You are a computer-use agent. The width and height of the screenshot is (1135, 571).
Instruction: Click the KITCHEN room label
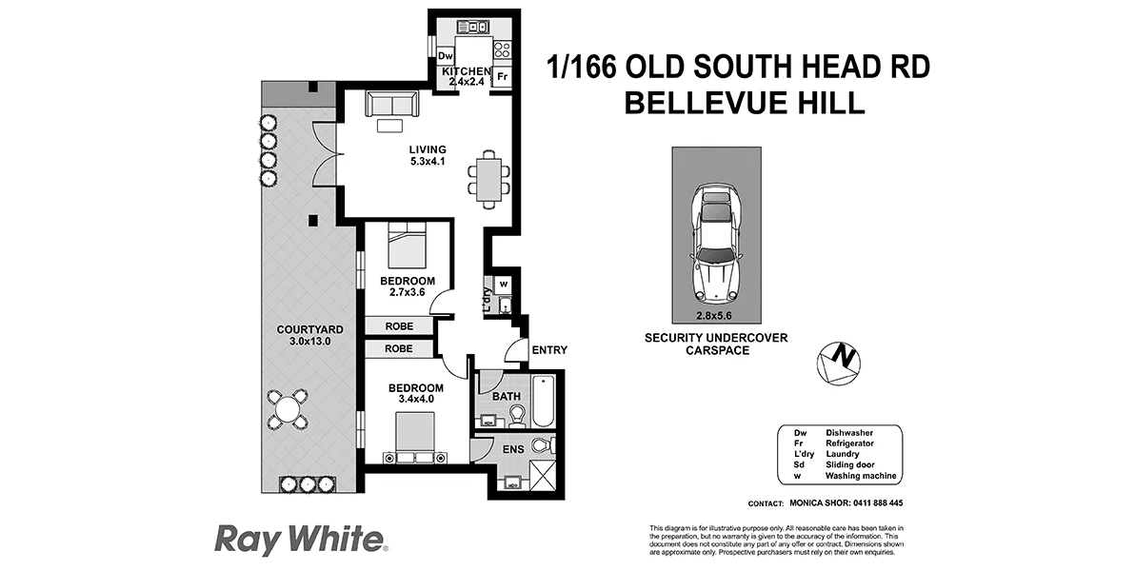[x=466, y=72]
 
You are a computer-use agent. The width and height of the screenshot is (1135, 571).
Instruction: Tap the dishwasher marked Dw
[x=445, y=56]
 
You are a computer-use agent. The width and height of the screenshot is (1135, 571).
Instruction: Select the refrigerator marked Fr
[x=502, y=77]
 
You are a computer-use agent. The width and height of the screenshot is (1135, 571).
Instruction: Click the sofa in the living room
[x=390, y=104]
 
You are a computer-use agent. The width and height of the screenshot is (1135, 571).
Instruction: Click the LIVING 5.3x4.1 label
[x=428, y=155]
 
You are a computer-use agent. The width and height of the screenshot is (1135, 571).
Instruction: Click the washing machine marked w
[x=505, y=284]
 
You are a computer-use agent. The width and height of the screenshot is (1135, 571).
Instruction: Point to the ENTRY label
[x=549, y=350]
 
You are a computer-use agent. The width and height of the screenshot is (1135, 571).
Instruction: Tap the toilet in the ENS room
[x=541, y=445]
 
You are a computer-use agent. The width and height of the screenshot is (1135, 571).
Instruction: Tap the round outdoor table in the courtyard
[x=286, y=409]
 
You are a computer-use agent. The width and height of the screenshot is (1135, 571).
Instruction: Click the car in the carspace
[x=717, y=240]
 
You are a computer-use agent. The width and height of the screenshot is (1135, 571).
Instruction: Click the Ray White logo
[x=301, y=540]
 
